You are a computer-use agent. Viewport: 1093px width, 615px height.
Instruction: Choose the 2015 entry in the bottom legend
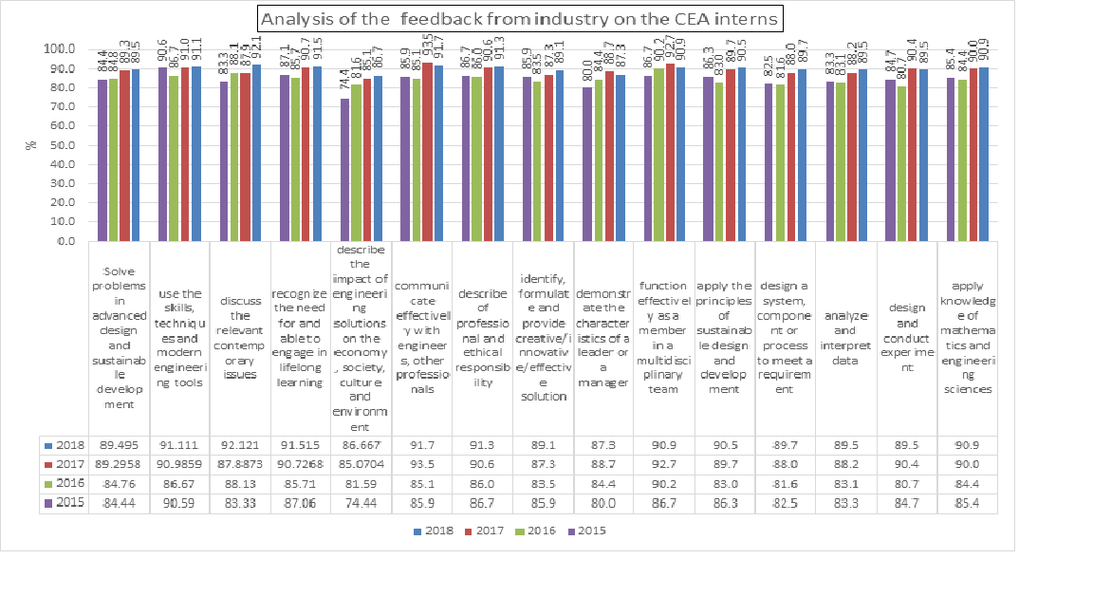587,531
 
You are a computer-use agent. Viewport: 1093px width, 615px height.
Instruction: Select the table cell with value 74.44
361,502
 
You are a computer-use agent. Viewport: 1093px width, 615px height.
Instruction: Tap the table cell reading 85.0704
361,463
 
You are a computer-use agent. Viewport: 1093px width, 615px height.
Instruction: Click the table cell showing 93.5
422,463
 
